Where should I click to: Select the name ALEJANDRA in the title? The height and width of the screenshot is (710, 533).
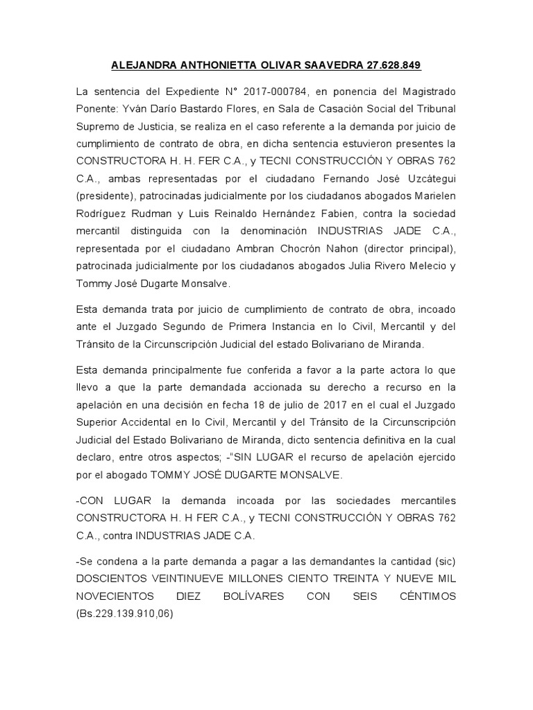pos(145,66)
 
